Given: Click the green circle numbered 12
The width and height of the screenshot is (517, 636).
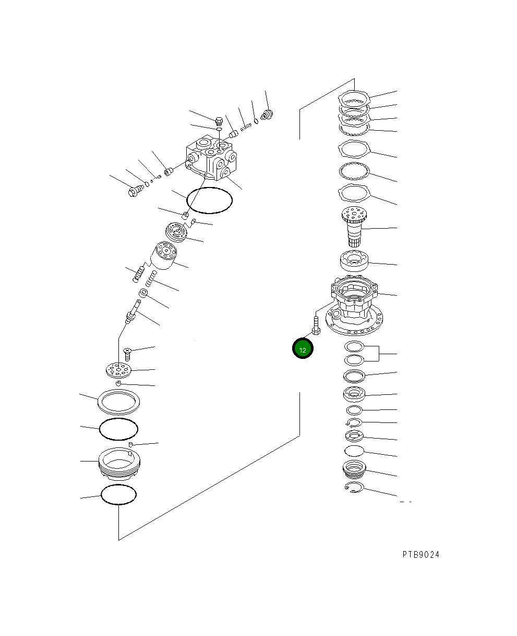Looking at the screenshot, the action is (303, 348).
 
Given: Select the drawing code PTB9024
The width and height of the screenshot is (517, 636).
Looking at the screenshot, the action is (420, 555).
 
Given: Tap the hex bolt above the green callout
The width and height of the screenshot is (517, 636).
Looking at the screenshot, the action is (316, 326).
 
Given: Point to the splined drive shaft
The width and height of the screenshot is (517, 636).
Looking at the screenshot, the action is (354, 227).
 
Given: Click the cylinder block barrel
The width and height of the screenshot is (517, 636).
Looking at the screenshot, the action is (163, 255).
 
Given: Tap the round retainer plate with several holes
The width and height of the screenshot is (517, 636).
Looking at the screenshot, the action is (119, 370).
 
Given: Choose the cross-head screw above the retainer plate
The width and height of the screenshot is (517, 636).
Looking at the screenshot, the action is (127, 354).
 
